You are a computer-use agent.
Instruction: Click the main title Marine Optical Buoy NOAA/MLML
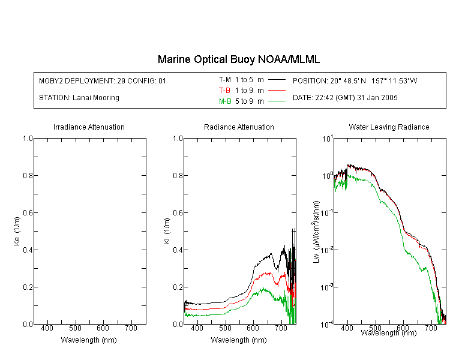click(238, 59)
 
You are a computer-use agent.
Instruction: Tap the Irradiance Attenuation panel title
click(89, 127)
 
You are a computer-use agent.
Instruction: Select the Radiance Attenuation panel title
click(239, 127)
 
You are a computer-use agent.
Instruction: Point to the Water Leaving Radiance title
click(389, 127)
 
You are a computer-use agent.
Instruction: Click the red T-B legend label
click(224, 91)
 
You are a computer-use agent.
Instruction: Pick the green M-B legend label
click(225, 101)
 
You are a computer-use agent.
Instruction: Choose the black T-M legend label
click(225, 80)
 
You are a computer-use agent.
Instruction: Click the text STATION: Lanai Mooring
click(79, 98)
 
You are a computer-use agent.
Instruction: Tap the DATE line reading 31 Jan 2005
click(345, 98)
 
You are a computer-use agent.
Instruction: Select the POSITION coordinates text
click(355, 80)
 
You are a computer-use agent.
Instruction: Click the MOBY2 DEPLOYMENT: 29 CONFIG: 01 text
click(103, 80)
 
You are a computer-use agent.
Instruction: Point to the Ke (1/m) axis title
click(17, 231)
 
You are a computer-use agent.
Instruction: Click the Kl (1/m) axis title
click(167, 231)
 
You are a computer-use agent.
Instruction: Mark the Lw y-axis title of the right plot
click(316, 232)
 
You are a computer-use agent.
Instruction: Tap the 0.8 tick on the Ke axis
click(28, 175)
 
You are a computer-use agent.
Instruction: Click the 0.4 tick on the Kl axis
click(178, 250)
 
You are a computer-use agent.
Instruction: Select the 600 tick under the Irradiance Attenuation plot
click(103, 328)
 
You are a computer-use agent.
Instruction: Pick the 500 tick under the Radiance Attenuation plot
click(225, 328)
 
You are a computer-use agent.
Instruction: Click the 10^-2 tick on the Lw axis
click(327, 250)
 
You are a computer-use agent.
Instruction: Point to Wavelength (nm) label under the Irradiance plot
click(89, 340)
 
